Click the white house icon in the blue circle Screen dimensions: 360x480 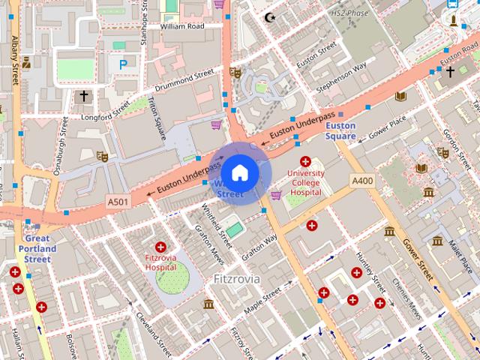239,173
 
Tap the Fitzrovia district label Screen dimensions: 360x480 236,279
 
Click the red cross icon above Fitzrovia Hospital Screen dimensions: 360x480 160,247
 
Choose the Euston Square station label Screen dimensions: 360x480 340,130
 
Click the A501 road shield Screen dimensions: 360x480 118,202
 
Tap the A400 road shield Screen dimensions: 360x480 362,181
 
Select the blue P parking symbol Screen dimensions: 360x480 122,65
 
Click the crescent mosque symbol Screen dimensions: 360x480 271,16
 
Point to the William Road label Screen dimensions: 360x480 181,26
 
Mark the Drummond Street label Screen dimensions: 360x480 184,76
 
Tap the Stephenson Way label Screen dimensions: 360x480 341,79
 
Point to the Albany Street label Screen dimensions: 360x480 14,75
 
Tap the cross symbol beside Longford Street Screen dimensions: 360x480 83,96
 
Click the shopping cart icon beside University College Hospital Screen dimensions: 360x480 276,195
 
